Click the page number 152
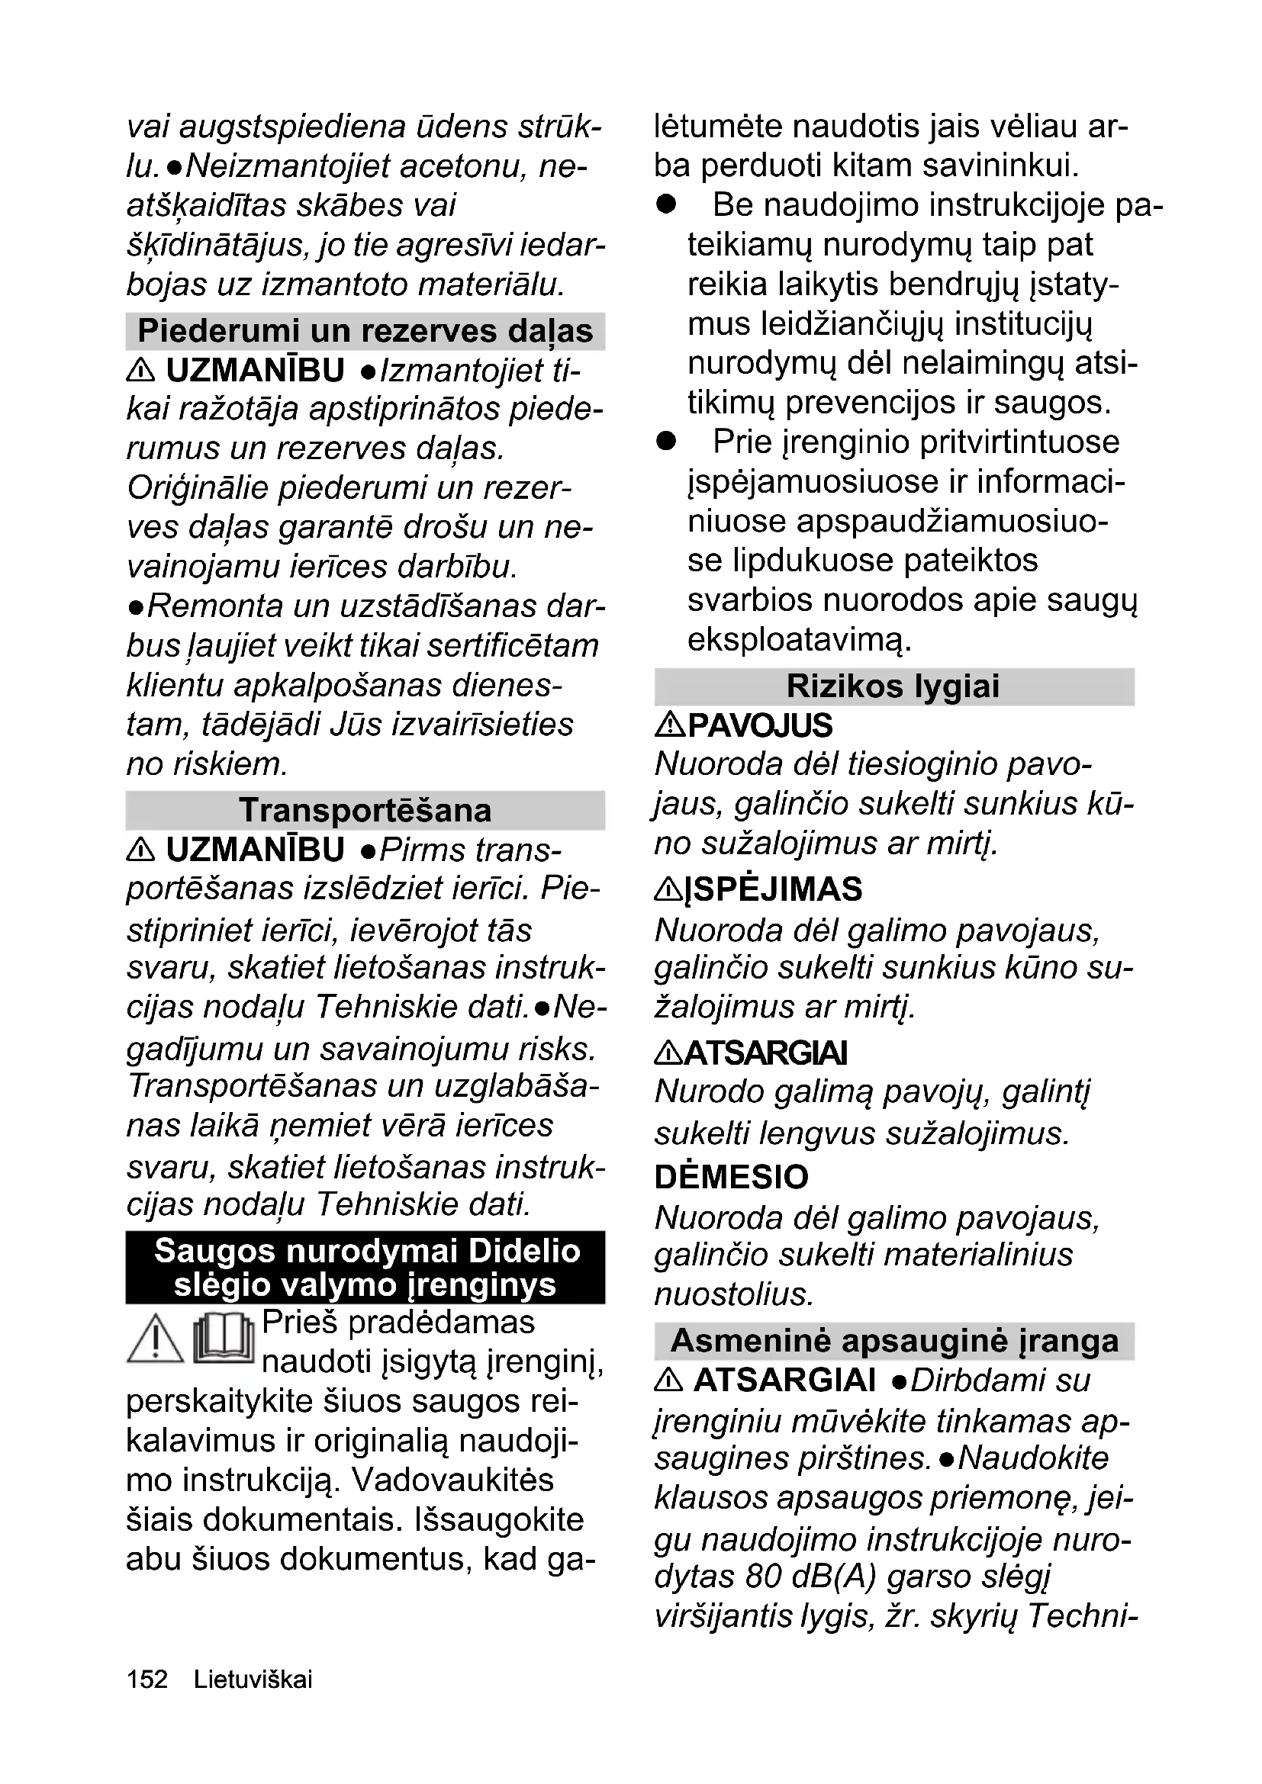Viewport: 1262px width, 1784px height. [x=146, y=1680]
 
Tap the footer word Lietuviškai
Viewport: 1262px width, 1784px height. [x=253, y=1680]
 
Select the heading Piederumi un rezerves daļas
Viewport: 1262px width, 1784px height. [x=365, y=331]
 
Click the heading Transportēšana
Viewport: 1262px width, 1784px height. [x=365, y=811]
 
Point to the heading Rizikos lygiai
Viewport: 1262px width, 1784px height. [x=893, y=686]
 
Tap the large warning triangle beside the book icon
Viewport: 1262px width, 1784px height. [x=155, y=1339]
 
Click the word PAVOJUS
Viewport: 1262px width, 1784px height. [x=760, y=725]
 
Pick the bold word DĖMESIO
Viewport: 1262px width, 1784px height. [x=731, y=1176]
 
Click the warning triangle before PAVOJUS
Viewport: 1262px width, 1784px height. [x=669, y=725]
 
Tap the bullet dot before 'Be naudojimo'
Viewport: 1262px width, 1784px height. [x=666, y=204]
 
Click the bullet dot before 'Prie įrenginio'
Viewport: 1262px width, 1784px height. [x=666, y=442]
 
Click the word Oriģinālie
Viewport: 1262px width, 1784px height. [x=198, y=488]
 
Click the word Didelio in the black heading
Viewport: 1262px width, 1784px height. [x=524, y=1251]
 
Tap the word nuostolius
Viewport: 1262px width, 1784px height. [x=733, y=1294]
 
